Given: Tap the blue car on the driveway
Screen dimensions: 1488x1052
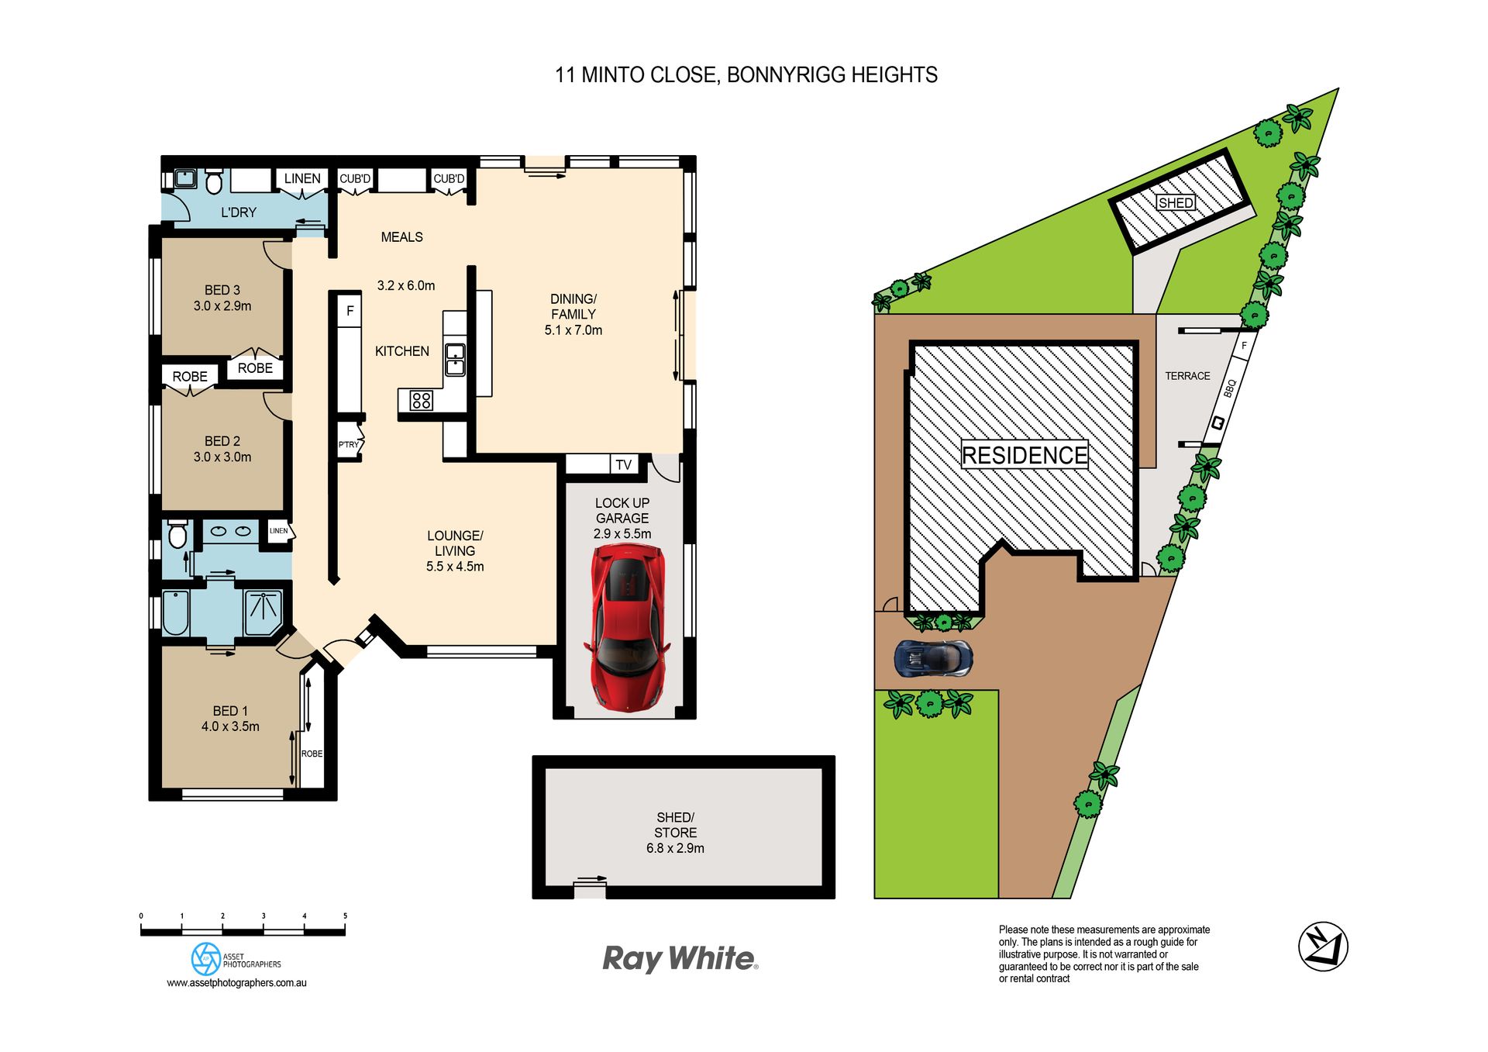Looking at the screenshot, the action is [933, 658].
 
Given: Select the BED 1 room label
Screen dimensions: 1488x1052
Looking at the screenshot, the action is [230, 711].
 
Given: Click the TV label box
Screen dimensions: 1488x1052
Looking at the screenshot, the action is [624, 464].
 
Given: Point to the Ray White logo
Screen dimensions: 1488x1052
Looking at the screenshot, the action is [680, 959].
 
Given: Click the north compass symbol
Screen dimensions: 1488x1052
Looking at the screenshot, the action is [1323, 946].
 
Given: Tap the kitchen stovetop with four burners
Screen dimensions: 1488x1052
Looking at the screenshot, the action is [422, 400].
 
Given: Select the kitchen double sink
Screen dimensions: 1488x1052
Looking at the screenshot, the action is [455, 360].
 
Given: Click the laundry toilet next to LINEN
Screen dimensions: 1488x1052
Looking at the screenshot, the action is [214, 182].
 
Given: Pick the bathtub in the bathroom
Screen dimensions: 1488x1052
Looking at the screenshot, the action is [176, 613].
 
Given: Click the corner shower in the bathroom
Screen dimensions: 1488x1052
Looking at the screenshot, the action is [263, 612].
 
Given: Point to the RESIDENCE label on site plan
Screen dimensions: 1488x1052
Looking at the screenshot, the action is [1025, 455].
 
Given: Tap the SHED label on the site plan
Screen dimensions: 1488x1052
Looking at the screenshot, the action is [1176, 203].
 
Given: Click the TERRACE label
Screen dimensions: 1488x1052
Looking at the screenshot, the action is [1187, 376].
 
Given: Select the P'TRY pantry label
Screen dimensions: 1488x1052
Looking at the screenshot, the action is [349, 445].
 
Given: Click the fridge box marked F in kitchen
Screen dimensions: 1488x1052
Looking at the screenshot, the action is [350, 311].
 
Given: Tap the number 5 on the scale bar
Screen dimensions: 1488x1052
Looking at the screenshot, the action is [345, 916].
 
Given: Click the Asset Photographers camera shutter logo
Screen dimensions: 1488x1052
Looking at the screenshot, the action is [206, 959].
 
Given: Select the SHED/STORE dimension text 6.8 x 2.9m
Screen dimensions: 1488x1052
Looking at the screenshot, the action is [675, 848].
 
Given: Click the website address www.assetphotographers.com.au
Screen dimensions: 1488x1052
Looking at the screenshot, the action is [236, 983].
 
